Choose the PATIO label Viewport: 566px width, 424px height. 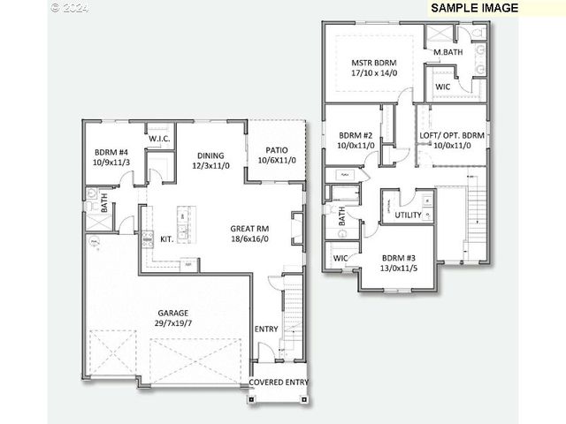click(274, 148)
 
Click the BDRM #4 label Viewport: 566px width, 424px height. click(111, 151)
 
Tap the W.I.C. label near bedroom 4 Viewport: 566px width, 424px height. click(159, 140)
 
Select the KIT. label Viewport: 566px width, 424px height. click(166, 238)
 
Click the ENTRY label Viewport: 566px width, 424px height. click(266, 329)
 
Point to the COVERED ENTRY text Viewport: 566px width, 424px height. click(279, 382)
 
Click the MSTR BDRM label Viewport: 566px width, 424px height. click(373, 63)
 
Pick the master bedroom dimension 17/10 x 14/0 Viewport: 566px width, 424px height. click(373, 74)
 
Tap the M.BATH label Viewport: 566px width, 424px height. click(448, 53)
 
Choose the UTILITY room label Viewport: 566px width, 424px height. click(409, 215)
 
